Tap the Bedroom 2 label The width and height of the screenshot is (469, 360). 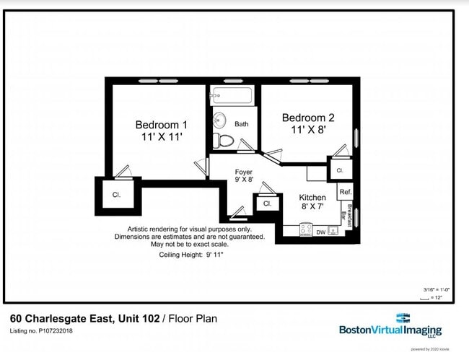click(x=308, y=123)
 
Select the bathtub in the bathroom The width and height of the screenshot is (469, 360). click(x=231, y=96)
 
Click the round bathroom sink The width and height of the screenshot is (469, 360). click(x=219, y=120)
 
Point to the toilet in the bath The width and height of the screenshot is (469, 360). click(x=224, y=140)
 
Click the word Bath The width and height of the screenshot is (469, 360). click(x=241, y=124)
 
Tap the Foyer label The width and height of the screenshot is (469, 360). click(x=244, y=175)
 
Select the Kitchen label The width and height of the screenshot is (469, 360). click(x=312, y=201)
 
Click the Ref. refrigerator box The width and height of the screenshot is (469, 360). click(x=345, y=192)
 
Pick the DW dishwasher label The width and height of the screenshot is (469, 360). click(x=320, y=232)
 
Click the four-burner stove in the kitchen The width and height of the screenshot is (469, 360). click(x=306, y=231)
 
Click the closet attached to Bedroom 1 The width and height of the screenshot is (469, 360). click(x=116, y=195)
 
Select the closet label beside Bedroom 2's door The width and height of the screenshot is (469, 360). click(x=339, y=171)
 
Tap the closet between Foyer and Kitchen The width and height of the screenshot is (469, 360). click(x=267, y=204)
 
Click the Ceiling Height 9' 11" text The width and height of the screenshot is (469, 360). click(x=191, y=255)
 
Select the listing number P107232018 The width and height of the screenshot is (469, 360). click(x=41, y=331)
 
